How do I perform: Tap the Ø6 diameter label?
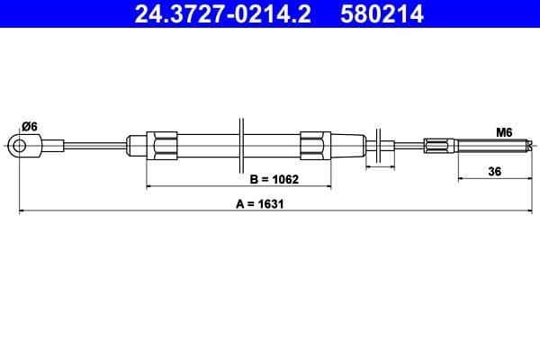pyautogui.click(x=28, y=126)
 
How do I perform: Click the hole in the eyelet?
pyautogui.click(x=18, y=144)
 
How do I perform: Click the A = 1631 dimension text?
pyautogui.click(x=260, y=202)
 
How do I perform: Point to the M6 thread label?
pyautogui.click(x=504, y=131)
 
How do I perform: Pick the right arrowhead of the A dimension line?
pyautogui.click(x=533, y=211)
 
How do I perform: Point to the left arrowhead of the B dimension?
pyautogui.click(x=149, y=186)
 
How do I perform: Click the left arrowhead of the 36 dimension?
pyautogui.click(x=461, y=177)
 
